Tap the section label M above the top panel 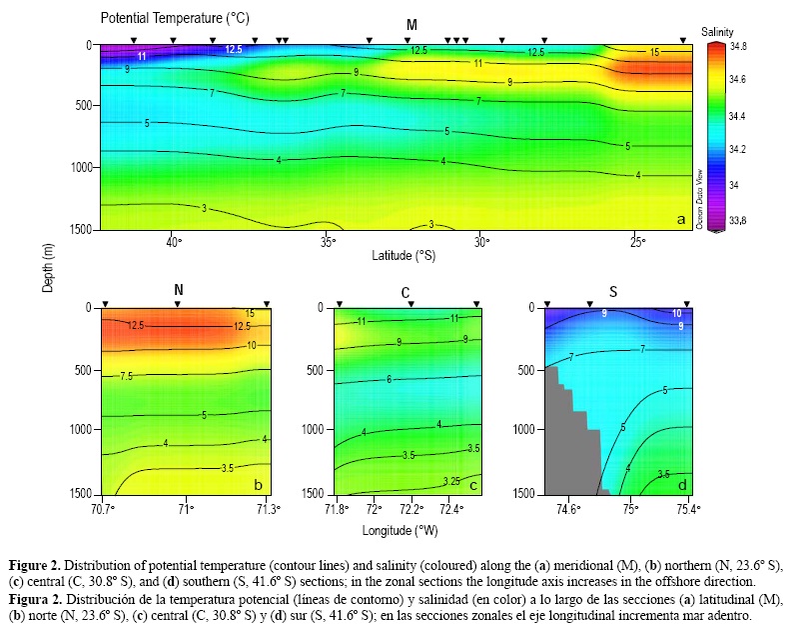pos(411,24)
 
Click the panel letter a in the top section pos(680,219)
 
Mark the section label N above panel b pos(179,291)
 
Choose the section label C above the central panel pos(406,292)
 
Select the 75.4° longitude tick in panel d pos(687,508)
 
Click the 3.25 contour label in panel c pos(452,481)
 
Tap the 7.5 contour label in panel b pos(127,377)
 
